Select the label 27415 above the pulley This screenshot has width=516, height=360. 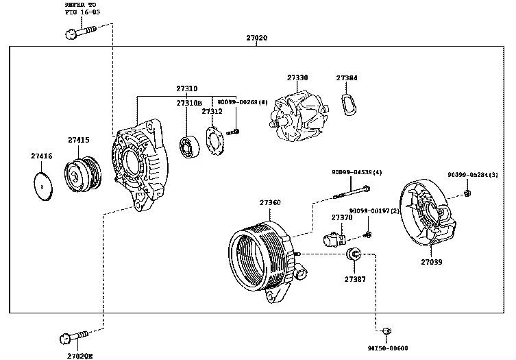coord(78,140)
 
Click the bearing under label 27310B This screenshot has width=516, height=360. coord(188,147)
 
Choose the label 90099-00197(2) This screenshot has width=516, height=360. coord(373,210)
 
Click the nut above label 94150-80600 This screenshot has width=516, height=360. coord(386,332)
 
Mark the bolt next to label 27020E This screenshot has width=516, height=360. coord(73,337)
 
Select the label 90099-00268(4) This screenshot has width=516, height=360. coord(242,101)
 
